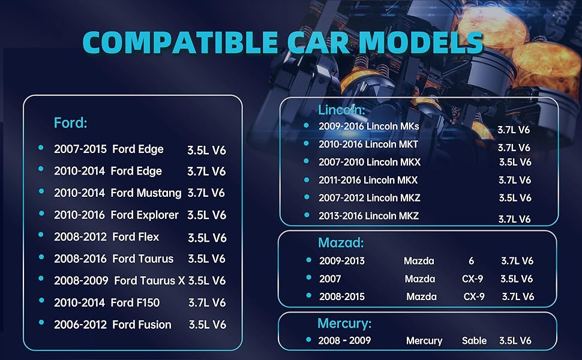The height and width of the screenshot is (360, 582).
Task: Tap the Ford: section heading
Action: pos(71,123)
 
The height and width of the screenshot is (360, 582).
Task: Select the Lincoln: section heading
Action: pos(341,110)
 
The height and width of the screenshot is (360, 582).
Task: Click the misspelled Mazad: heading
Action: pos(340,243)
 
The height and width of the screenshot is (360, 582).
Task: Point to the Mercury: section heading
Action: pos(344,324)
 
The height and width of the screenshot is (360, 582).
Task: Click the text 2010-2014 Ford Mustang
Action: pos(118,193)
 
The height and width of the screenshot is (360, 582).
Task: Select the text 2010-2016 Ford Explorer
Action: pos(116,215)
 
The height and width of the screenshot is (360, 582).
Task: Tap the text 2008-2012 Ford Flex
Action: pos(107,237)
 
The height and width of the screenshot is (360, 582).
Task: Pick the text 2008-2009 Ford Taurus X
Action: pos(119,280)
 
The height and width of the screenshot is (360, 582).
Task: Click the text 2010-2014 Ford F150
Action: pos(107,302)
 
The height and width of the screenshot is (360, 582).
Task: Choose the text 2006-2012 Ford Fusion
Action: pos(113,325)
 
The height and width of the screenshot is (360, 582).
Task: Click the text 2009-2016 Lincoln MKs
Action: pos(369,127)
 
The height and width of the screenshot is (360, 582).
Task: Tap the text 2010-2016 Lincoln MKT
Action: pos(368,145)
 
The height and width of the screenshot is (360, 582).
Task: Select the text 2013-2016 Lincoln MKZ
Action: pos(369,216)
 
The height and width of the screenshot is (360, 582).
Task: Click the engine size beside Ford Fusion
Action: pos(207,325)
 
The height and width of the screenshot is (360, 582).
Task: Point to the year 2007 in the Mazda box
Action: pos(331,279)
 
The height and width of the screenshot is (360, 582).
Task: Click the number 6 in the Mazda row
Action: pos(471,261)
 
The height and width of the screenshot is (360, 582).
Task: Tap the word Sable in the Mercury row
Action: pos(474,341)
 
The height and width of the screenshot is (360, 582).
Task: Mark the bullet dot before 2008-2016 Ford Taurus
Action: pos(41,257)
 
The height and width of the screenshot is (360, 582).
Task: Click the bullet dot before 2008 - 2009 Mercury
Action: pos(308,340)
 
